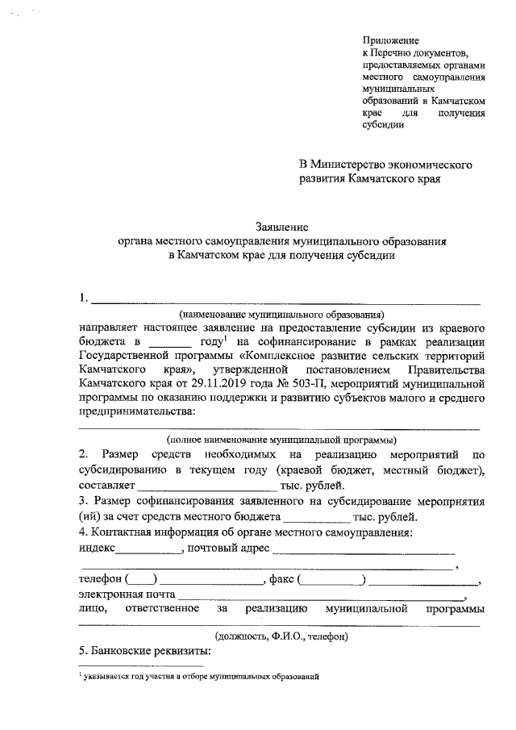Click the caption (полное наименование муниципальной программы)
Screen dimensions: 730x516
(x=281, y=440)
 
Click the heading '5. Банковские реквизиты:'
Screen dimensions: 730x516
(x=144, y=651)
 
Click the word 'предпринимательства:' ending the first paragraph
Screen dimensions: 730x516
(x=136, y=411)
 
